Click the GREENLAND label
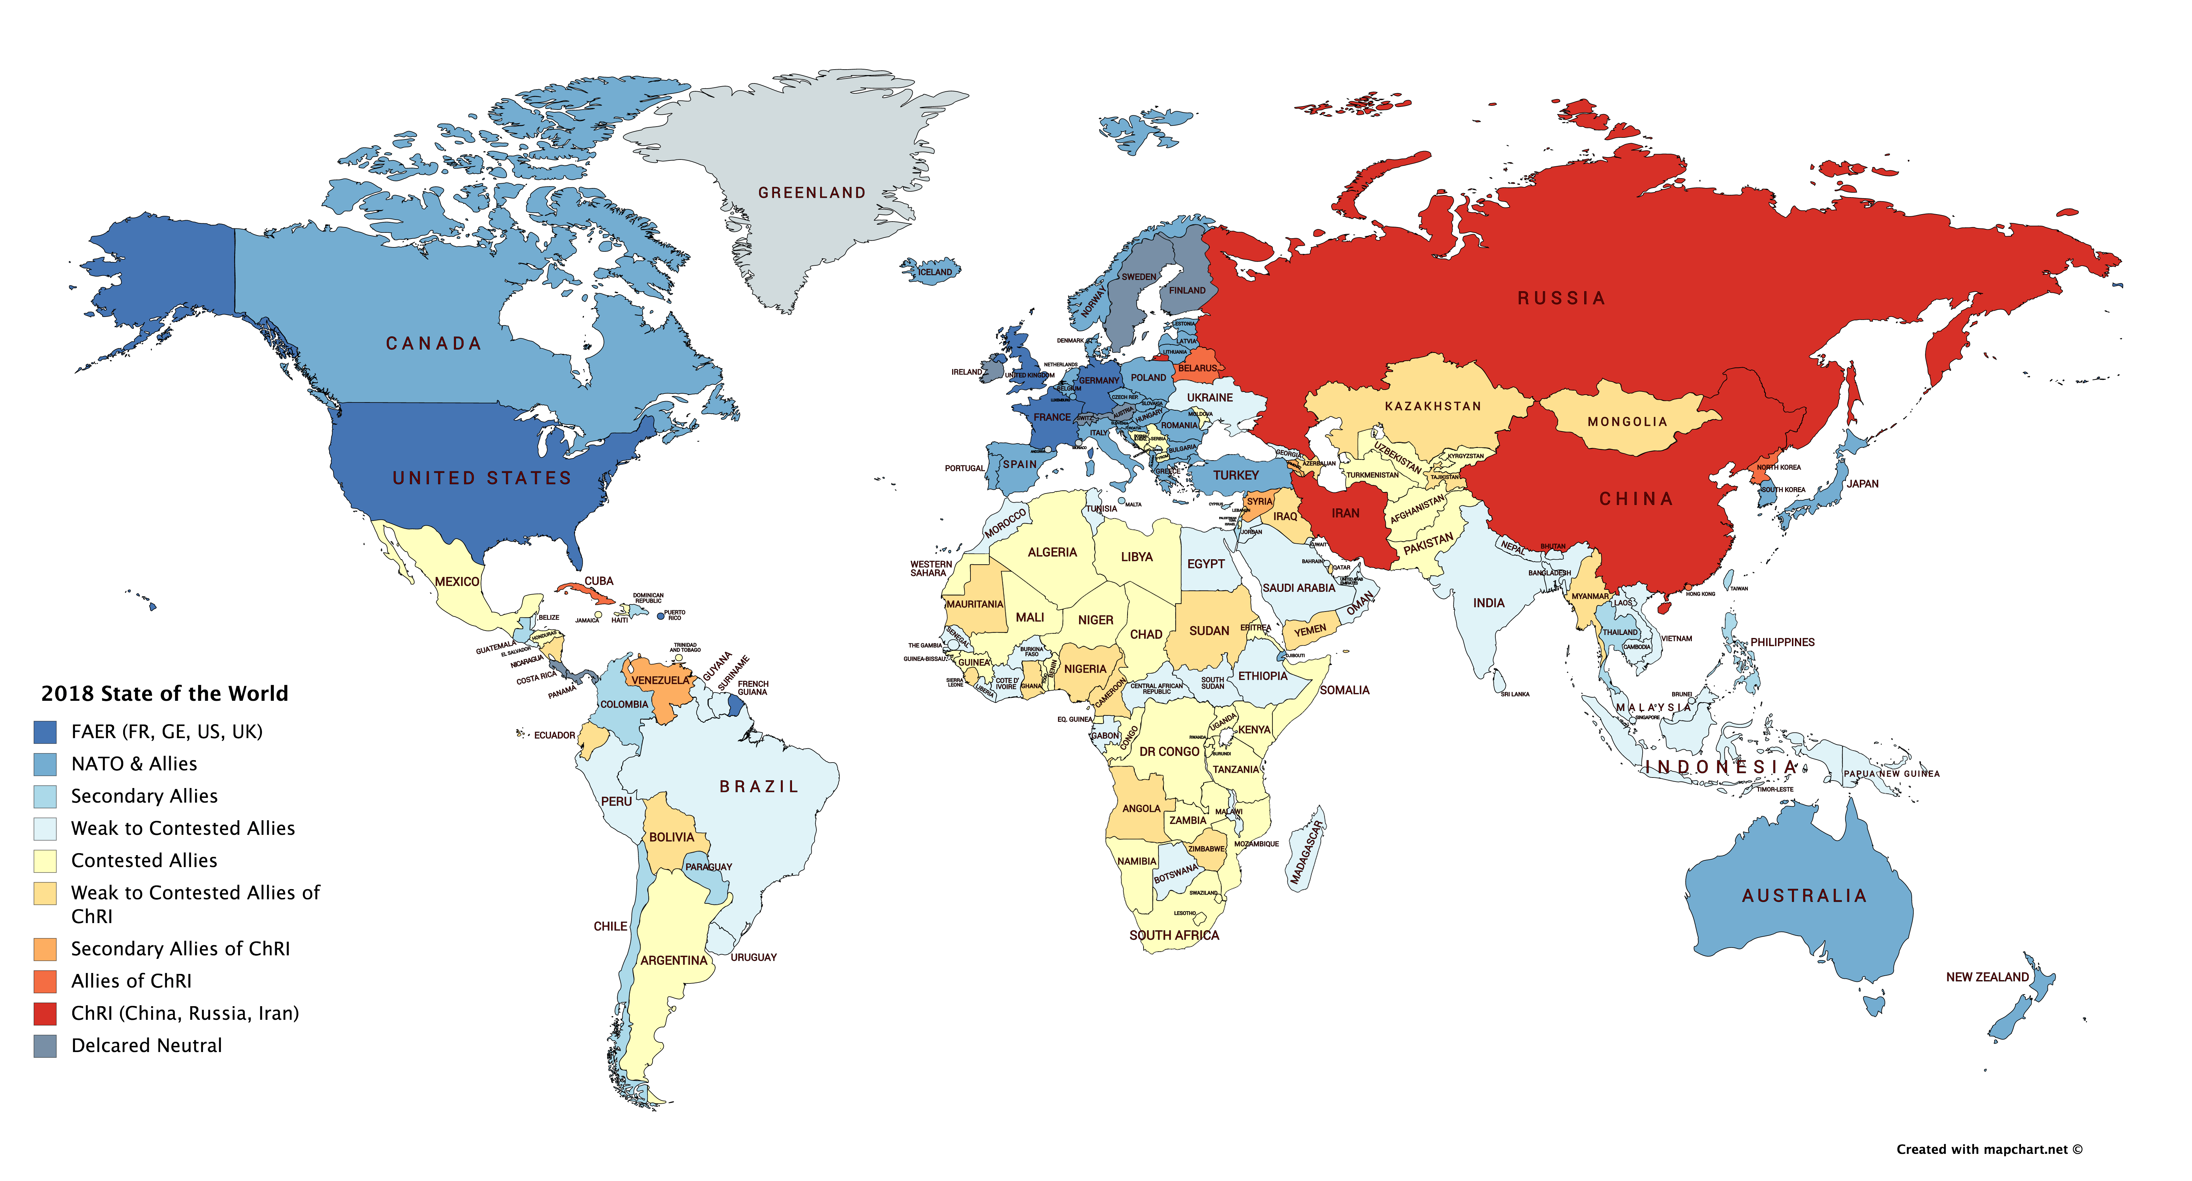click(812, 193)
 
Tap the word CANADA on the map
click(434, 344)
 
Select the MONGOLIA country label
click(1627, 422)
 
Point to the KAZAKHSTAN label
click(1433, 407)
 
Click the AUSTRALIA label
click(1804, 896)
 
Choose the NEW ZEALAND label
click(1987, 977)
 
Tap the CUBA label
click(598, 581)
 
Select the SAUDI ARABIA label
click(1299, 588)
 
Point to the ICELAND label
click(935, 272)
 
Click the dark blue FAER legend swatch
click(45, 732)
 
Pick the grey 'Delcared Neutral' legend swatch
click(45, 1046)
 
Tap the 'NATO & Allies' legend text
click(134, 764)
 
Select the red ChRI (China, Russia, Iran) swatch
click(45, 1013)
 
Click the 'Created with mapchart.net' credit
click(1989, 1149)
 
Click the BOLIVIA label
click(672, 837)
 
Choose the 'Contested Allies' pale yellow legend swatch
click(45, 861)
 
